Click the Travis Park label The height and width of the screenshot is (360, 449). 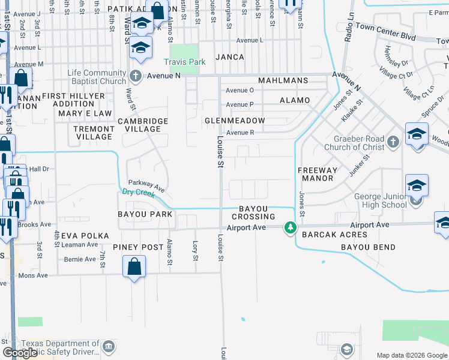pos(185,62)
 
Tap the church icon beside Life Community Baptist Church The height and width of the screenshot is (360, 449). pos(136,76)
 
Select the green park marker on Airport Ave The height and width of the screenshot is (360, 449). pos(291,227)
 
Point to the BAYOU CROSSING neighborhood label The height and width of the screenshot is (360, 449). pos(257,212)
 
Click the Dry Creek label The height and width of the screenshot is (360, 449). pos(134,192)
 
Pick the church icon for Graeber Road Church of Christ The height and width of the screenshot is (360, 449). pos(393,142)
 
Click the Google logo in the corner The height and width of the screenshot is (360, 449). pos(20,353)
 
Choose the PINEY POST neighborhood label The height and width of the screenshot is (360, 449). pos(137,247)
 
